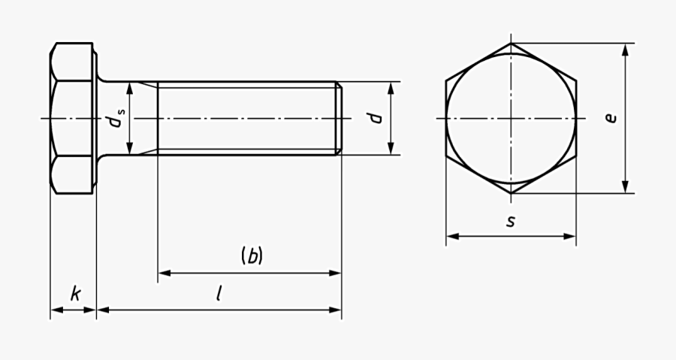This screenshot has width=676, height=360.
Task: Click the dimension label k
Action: pyautogui.click(x=75, y=293)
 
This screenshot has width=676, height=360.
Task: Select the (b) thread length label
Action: pyautogui.click(x=252, y=256)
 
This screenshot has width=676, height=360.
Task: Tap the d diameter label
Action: pyautogui.click(x=376, y=118)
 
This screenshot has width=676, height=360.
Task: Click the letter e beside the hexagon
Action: pyautogui.click(x=611, y=118)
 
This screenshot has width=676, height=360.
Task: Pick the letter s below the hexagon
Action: pyautogui.click(x=511, y=222)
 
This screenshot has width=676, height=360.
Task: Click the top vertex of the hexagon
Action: pyautogui.click(x=512, y=44)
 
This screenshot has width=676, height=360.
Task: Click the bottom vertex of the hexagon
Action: pyautogui.click(x=512, y=193)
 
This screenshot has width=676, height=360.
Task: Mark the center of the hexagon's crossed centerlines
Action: pyautogui.click(x=512, y=118)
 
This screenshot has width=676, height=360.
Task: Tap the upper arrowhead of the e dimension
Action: pyautogui.click(x=625, y=50)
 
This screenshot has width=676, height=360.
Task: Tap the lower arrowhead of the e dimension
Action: pyautogui.click(x=625, y=187)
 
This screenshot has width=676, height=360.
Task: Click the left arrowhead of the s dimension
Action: pyautogui.click(x=452, y=237)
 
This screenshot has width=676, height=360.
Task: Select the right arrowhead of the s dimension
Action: pyautogui.click(x=570, y=237)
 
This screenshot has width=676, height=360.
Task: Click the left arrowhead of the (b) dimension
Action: pyautogui.click(x=164, y=273)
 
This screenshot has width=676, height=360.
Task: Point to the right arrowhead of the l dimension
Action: pyautogui.click(x=336, y=309)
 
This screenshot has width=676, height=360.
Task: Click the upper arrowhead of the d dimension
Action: pyautogui.click(x=391, y=88)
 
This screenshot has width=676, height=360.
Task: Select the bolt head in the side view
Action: pyautogui.click(x=73, y=118)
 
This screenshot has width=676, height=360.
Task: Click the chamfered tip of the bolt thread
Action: pyautogui.click(x=339, y=118)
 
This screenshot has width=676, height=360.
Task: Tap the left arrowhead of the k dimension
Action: pyautogui.click(x=56, y=309)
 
